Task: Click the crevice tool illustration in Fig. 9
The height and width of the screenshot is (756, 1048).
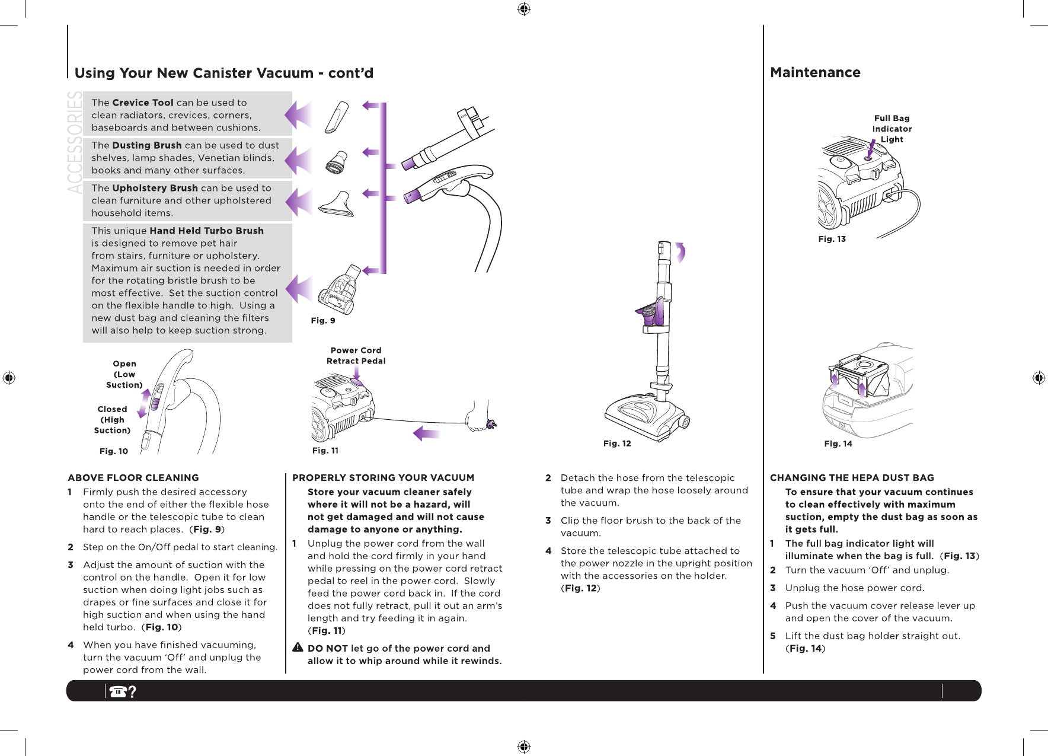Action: (337, 117)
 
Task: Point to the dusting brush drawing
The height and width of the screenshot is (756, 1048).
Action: (337, 160)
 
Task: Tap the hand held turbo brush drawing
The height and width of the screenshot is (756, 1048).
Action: (340, 290)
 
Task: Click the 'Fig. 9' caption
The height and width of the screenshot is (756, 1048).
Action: (323, 321)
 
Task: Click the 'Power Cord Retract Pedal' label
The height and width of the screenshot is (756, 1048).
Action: (356, 356)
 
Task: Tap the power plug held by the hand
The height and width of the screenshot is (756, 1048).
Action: (491, 423)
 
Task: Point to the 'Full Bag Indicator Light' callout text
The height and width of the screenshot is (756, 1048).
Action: (892, 129)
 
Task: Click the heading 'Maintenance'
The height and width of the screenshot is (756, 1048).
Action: (815, 72)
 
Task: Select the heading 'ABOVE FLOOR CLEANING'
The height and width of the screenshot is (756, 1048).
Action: (133, 478)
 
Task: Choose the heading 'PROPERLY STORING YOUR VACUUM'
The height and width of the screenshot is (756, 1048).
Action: (383, 478)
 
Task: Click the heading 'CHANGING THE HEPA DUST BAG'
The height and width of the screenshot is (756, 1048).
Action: (852, 478)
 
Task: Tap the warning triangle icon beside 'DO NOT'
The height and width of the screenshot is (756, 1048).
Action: (298, 647)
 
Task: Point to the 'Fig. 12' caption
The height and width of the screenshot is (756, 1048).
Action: (617, 444)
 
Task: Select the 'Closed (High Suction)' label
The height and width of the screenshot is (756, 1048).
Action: (113, 420)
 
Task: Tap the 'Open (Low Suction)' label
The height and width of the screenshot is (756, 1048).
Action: (124, 374)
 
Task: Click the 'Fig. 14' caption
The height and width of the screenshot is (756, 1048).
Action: (838, 444)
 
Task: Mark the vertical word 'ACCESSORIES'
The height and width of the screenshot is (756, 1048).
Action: (75, 142)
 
